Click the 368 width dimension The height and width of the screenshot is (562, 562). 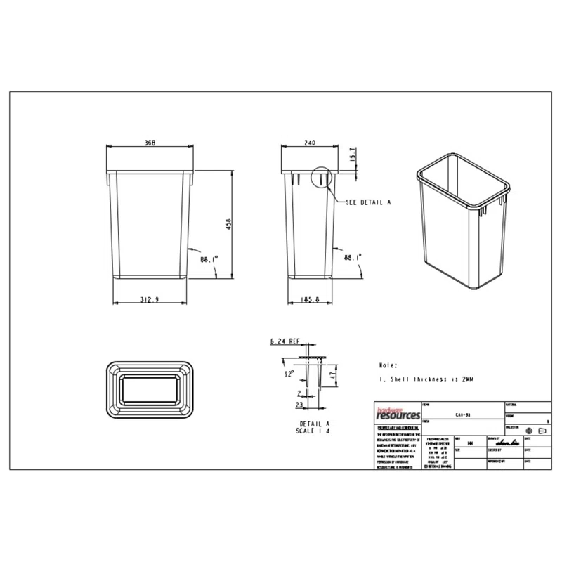coord(150,142)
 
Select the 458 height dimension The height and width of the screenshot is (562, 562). coord(228,224)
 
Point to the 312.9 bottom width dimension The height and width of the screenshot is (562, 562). coord(150,299)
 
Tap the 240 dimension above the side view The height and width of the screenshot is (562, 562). coord(309,142)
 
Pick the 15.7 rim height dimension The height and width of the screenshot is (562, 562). coord(351,154)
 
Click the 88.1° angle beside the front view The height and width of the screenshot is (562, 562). coord(209,259)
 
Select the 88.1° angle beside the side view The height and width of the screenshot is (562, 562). coord(353,259)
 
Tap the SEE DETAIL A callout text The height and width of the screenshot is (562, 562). coord(367,202)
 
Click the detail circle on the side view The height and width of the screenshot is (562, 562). coord(320,178)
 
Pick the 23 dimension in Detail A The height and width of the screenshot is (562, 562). coord(299,405)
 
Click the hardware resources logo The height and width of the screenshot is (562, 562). coord(396,414)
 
